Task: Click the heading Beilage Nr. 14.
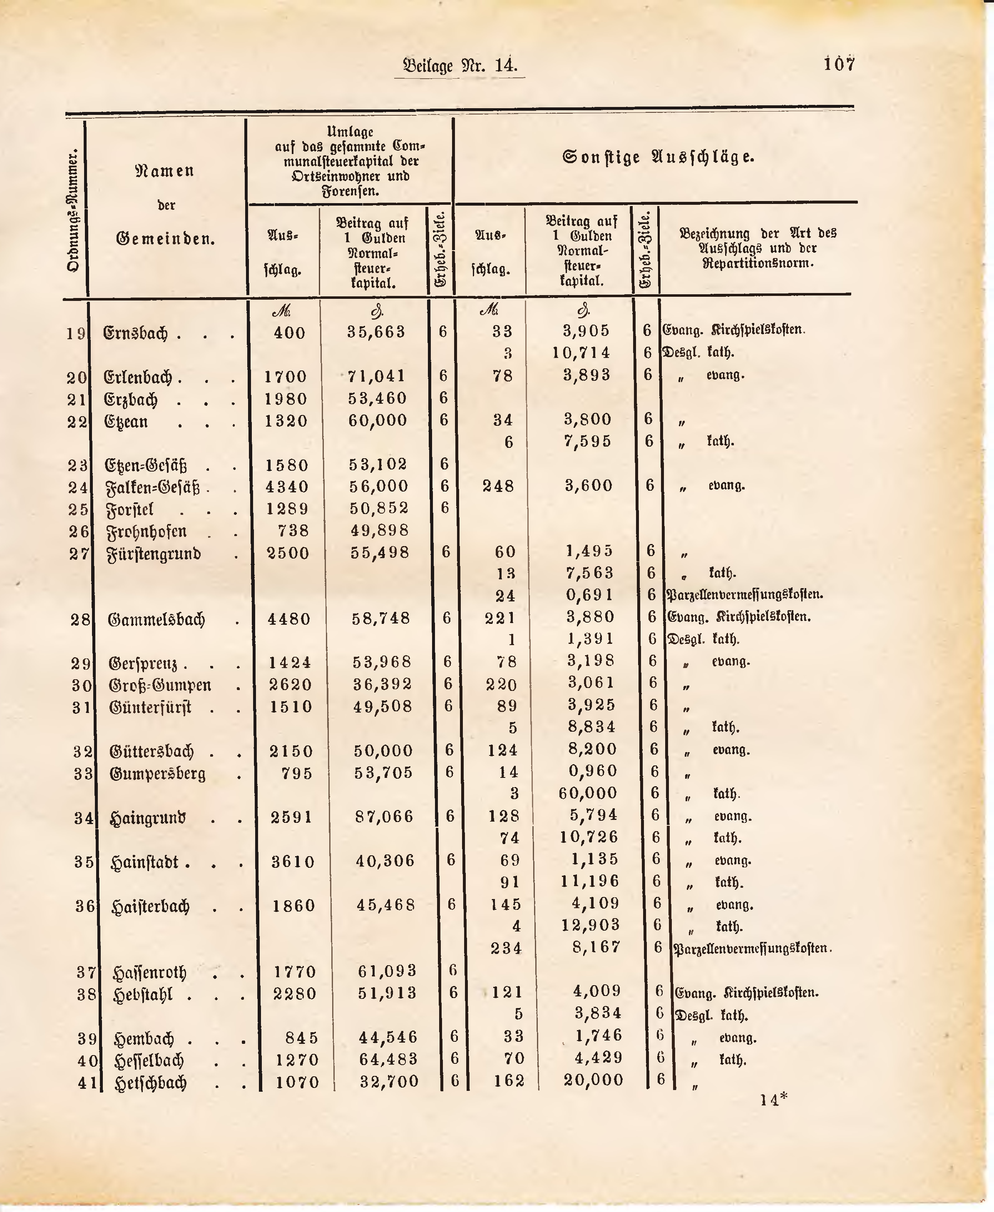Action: [x=460, y=65]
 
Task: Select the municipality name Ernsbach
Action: [x=135, y=333]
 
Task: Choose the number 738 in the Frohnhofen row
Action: [x=293, y=531]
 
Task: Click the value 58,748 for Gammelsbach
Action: [x=382, y=618]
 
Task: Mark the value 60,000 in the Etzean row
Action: [x=378, y=420]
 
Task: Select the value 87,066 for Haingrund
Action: [x=384, y=817]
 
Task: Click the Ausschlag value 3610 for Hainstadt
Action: [x=293, y=862]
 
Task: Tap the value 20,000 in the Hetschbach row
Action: [x=593, y=1080]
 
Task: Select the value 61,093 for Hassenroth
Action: [x=387, y=971]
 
